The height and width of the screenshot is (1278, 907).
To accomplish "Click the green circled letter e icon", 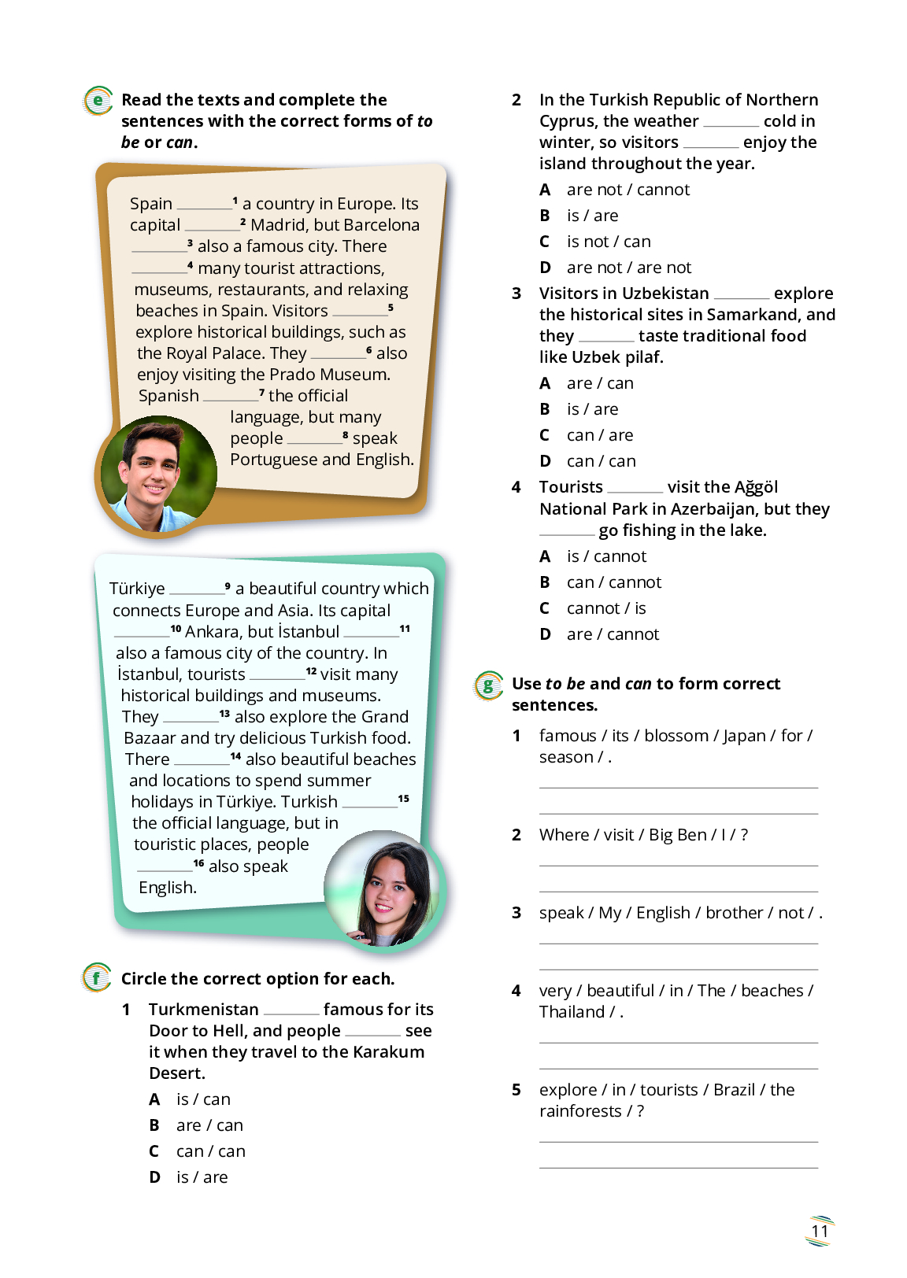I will [x=98, y=101].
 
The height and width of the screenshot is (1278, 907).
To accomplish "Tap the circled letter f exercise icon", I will [x=97, y=978].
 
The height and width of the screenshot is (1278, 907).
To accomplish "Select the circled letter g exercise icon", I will [x=488, y=685].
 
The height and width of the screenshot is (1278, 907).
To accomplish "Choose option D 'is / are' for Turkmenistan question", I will [x=202, y=1177].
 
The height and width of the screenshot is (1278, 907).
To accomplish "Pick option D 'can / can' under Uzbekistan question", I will [x=601, y=461].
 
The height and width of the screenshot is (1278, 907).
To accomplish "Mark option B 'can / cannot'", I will [x=614, y=582].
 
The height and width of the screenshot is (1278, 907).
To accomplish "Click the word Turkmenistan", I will [x=203, y=1010].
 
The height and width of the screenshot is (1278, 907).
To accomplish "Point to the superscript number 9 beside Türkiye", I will [x=228, y=585].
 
